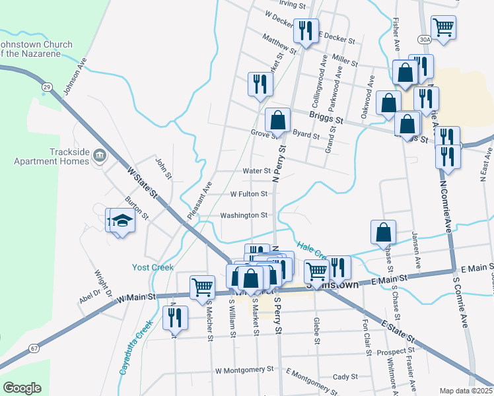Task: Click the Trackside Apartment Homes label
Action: (51, 156)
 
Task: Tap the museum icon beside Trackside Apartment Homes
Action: (100, 156)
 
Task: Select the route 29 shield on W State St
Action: (46, 86)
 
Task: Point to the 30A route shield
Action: (425, 40)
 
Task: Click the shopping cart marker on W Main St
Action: (202, 287)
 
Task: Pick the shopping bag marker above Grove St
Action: (278, 120)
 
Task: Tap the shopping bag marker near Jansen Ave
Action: (383, 232)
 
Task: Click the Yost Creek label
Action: (153, 267)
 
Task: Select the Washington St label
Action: (244, 215)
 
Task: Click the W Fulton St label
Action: (248, 194)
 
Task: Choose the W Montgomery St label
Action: (244, 370)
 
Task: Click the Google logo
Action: (22, 388)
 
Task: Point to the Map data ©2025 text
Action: (466, 391)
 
